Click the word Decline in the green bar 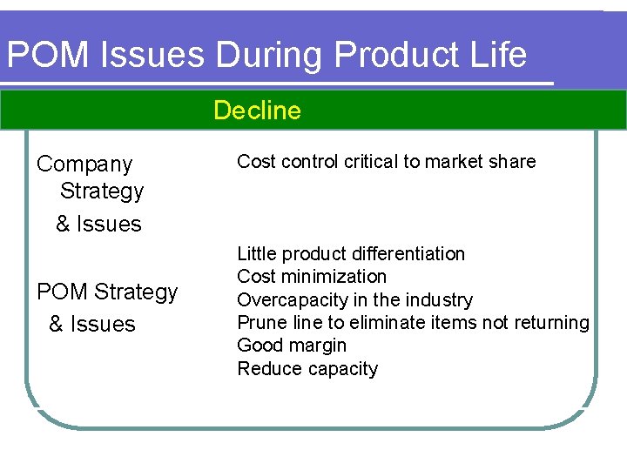[257, 111]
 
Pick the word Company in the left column [84, 164]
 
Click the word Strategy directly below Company [102, 191]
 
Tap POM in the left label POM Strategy [63, 292]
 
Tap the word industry [442, 300]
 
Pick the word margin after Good [319, 346]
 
